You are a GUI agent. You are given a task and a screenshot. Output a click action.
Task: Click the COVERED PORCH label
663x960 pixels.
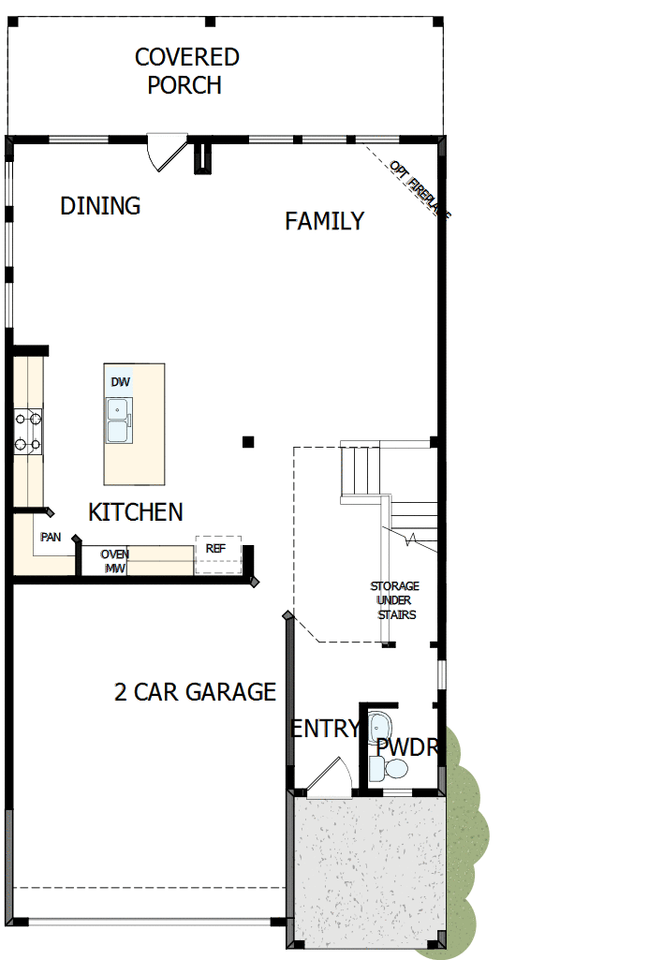187,71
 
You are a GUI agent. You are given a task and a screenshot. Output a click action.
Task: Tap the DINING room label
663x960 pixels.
100,206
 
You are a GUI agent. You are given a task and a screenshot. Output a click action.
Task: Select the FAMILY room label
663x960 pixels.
324,221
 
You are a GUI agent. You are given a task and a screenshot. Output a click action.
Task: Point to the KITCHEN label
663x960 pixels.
136,512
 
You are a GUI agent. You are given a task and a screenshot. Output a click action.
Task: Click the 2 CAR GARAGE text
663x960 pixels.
195,692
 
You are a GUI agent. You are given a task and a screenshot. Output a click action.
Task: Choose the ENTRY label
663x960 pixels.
324,729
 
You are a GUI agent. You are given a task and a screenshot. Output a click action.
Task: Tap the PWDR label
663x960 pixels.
407,747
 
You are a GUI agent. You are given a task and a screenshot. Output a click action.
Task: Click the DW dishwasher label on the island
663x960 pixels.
120,382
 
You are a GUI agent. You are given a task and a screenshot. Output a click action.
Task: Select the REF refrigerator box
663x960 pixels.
217,554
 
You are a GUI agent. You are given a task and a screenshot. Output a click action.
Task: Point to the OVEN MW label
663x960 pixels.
115,561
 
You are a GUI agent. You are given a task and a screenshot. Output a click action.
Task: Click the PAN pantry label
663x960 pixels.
51,538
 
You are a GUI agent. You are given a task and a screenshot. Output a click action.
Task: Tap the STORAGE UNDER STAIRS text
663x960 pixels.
394,600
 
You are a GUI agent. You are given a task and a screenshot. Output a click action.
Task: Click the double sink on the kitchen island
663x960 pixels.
118,421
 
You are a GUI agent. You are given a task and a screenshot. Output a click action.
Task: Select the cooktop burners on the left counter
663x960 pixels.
28,432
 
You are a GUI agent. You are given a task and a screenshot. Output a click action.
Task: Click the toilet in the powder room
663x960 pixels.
390,769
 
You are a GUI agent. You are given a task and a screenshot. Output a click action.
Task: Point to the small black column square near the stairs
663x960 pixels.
247,441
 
